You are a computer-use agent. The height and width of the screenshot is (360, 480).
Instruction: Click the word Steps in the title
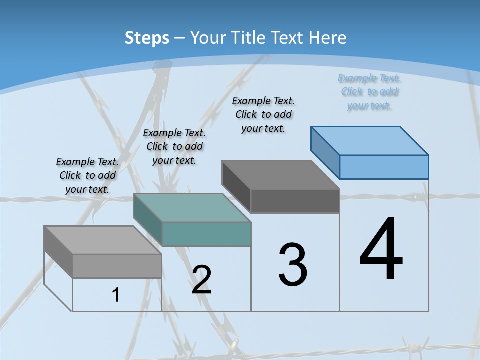pyautogui.click(x=147, y=38)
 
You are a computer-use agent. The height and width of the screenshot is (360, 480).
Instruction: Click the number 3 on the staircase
pyautogui.click(x=293, y=265)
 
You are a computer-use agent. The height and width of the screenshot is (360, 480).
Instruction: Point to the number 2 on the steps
pyautogui.click(x=201, y=279)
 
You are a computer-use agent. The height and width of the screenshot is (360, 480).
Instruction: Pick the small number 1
pyautogui.click(x=116, y=295)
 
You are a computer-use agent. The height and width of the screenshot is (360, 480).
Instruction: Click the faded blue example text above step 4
pyautogui.click(x=369, y=92)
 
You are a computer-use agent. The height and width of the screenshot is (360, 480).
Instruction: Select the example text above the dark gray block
pyautogui.click(x=263, y=114)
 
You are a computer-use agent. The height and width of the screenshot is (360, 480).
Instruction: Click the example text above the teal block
pyautogui.click(x=174, y=146)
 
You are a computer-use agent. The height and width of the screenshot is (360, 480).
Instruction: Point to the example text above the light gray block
pyautogui.click(x=87, y=175)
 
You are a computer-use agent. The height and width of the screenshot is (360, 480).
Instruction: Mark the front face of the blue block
pyautogui.click(x=384, y=167)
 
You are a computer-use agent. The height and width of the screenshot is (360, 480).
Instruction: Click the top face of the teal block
pyautogui.click(x=192, y=207)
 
